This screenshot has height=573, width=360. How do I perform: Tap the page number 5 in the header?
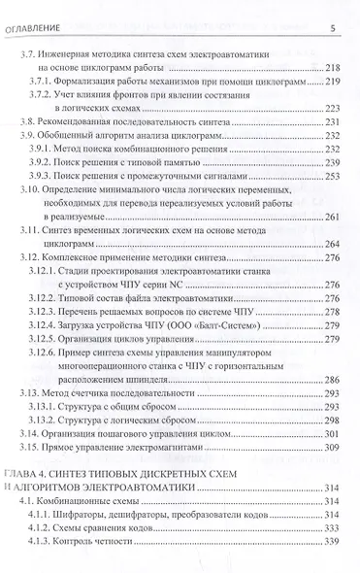[332, 27]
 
